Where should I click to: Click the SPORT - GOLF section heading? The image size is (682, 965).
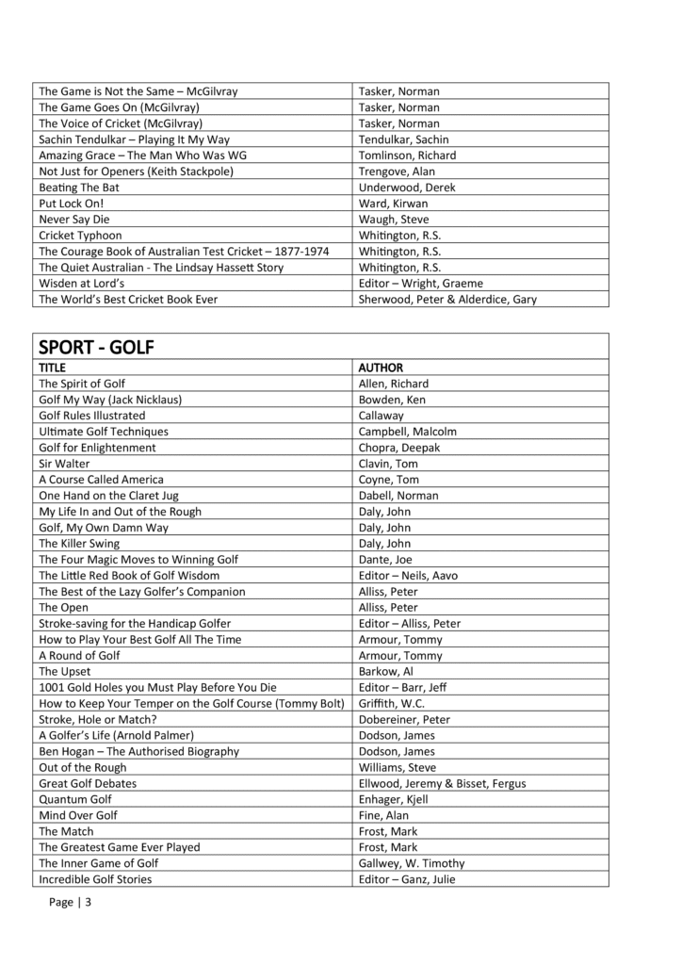pos(96,347)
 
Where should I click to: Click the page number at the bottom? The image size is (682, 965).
pos(71,902)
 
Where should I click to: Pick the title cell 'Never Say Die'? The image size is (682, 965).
pos(74,220)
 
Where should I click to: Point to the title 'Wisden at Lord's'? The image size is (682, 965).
pos(82,284)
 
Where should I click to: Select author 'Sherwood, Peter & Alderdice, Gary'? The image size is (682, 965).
pos(448,300)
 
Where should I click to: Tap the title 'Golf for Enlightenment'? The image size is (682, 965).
pos(97,448)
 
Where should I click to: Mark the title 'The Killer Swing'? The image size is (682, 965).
pos(79,544)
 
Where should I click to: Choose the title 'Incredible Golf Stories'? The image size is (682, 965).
pos(95,879)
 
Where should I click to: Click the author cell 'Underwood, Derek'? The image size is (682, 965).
pos(407,188)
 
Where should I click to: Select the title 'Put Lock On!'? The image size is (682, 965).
pos(72,204)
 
